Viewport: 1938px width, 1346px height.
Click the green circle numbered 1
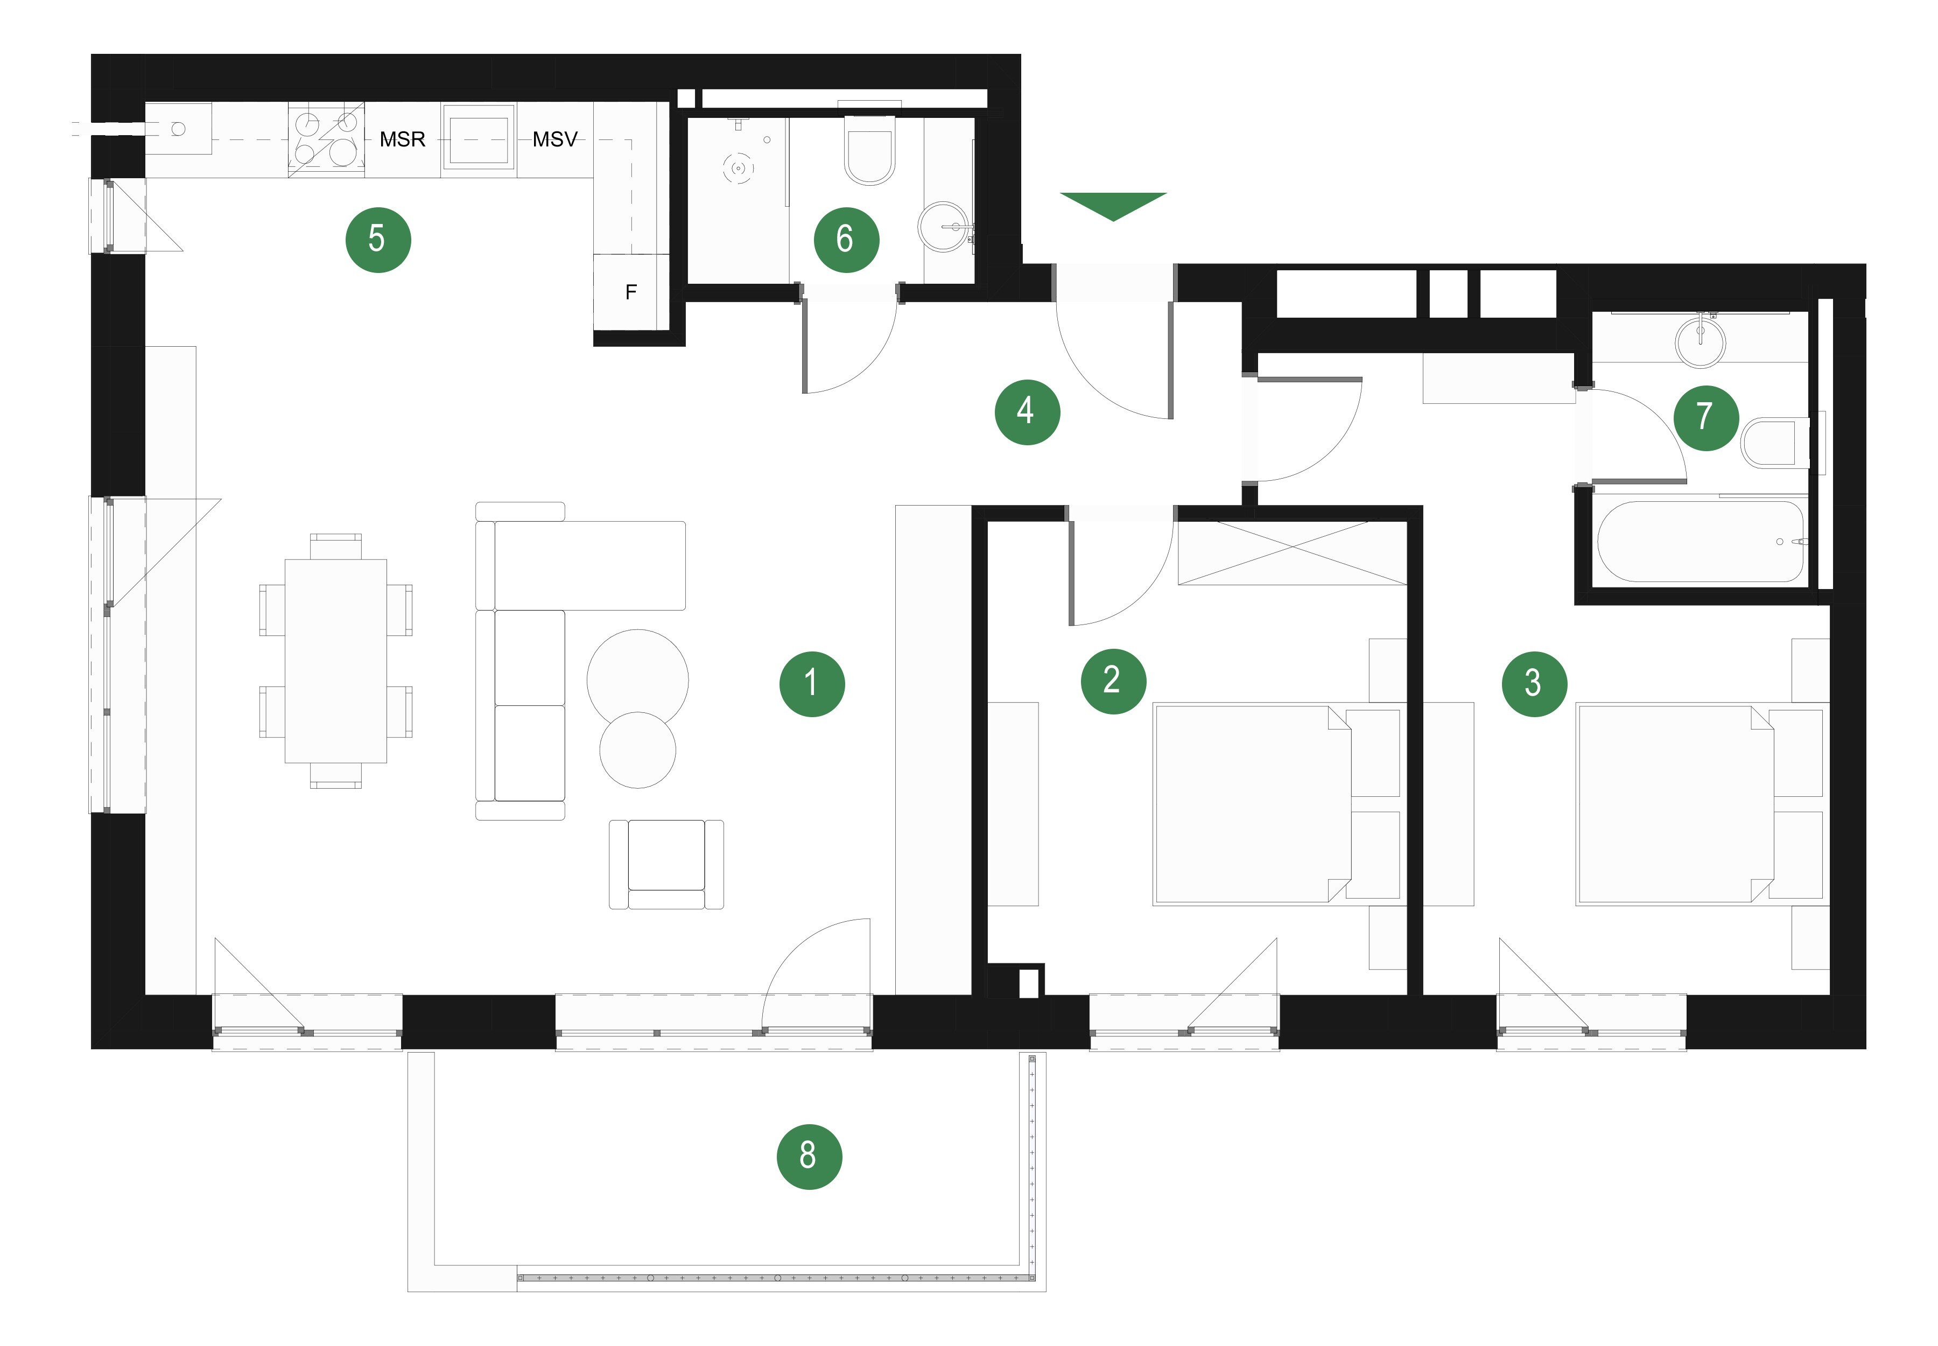tap(811, 683)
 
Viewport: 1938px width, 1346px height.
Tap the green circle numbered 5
tap(378, 240)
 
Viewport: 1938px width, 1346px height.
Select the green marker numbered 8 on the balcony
tap(809, 1155)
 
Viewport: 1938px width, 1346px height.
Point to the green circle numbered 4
tap(1027, 411)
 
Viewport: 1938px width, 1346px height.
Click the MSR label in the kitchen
tap(402, 139)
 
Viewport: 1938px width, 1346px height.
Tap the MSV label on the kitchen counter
tap(555, 139)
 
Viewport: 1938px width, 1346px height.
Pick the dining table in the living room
tap(335, 661)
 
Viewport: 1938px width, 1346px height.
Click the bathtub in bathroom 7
tap(1700, 542)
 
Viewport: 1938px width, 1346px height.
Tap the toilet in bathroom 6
tap(869, 149)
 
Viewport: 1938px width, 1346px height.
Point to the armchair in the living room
tap(666, 865)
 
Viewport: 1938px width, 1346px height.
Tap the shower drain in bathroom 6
tap(738, 169)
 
